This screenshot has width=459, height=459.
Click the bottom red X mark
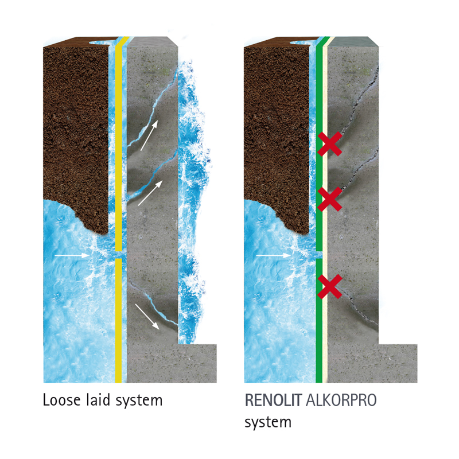(x=330, y=286)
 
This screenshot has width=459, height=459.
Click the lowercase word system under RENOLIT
(x=268, y=423)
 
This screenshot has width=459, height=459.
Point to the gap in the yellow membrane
(x=118, y=254)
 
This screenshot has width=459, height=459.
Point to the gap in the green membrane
(x=319, y=254)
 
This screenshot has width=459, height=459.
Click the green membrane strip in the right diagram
(x=319, y=333)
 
